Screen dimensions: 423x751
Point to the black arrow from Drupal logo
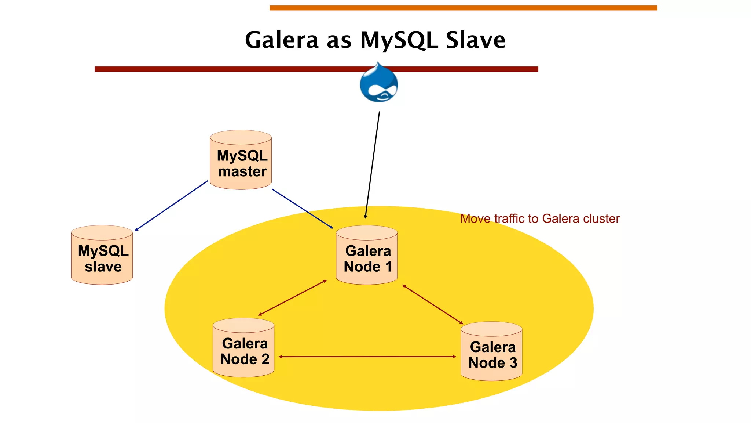click(x=372, y=165)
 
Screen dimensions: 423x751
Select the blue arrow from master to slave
click(x=171, y=206)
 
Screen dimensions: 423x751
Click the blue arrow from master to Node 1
click(x=303, y=209)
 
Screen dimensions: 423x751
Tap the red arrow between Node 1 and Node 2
click(x=292, y=298)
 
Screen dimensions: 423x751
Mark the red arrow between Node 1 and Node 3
click(x=433, y=304)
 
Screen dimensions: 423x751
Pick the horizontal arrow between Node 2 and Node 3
click(x=367, y=357)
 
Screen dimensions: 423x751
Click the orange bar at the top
click(x=463, y=8)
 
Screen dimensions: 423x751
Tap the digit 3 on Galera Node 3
click(x=513, y=363)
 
